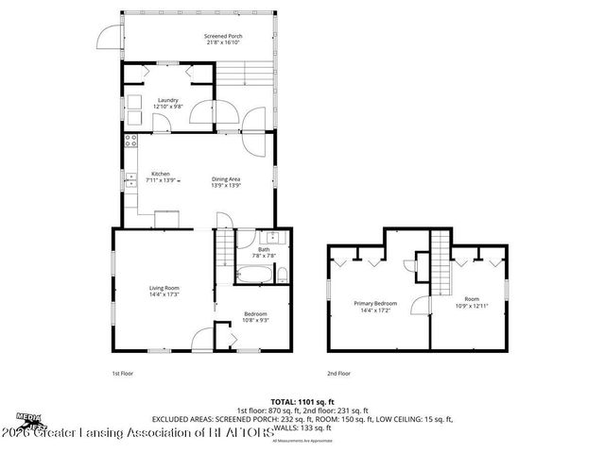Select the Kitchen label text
click(x=161, y=174)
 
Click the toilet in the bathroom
click(x=281, y=275)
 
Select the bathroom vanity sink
click(x=272, y=237)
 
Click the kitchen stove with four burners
click(x=130, y=147)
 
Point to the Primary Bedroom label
click(x=375, y=304)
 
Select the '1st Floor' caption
click(x=122, y=374)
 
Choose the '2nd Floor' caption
click(x=339, y=374)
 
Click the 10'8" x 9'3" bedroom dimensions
click(x=255, y=320)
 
